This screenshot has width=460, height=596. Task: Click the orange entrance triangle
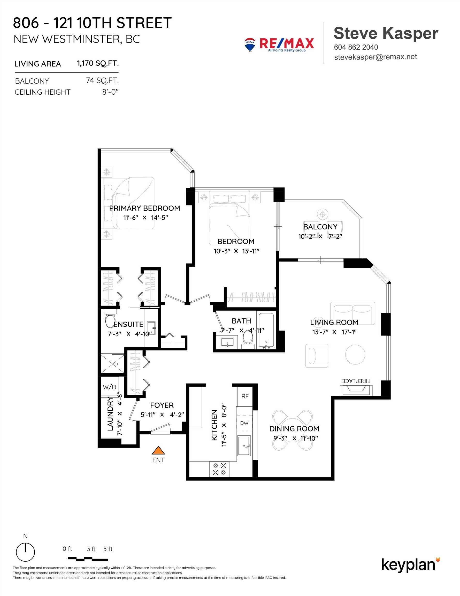click(x=158, y=450)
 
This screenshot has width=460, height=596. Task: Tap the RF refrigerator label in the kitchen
click(x=245, y=396)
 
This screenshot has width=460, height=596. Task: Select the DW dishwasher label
click(x=244, y=423)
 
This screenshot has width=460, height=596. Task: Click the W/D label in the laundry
click(x=109, y=387)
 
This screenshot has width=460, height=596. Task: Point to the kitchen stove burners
click(x=219, y=469)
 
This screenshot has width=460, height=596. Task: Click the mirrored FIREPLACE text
click(x=356, y=381)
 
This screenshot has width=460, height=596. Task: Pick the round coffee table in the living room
click(x=355, y=354)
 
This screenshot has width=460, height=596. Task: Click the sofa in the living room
click(x=352, y=313)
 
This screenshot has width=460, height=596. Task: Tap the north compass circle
click(x=25, y=552)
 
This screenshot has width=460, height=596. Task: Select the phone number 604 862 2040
click(x=356, y=47)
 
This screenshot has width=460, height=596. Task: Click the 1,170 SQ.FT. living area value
click(x=98, y=63)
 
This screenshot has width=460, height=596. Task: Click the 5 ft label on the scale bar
click(x=108, y=549)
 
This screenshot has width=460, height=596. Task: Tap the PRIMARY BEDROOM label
click(x=144, y=208)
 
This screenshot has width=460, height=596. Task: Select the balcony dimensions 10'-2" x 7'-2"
click(x=320, y=236)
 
